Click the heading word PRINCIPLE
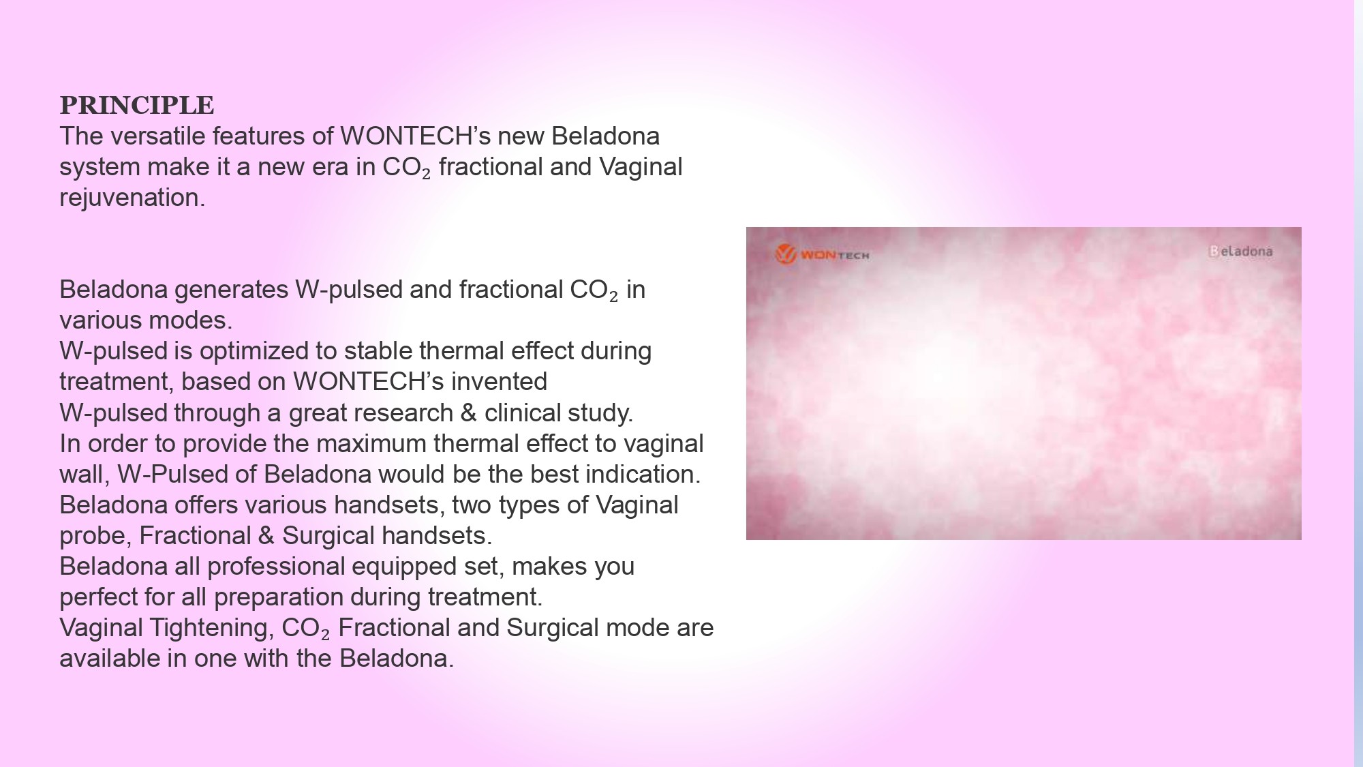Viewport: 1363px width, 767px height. [x=137, y=105]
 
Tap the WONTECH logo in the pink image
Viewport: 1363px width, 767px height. [x=823, y=254]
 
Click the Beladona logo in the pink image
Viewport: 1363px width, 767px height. [x=1240, y=251]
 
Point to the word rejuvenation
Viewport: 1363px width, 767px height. [x=132, y=198]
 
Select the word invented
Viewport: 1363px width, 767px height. [x=499, y=382]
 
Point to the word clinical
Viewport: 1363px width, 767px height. [x=517, y=413]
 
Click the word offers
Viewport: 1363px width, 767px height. [x=206, y=505]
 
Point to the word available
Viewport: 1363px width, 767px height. [x=110, y=659]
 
